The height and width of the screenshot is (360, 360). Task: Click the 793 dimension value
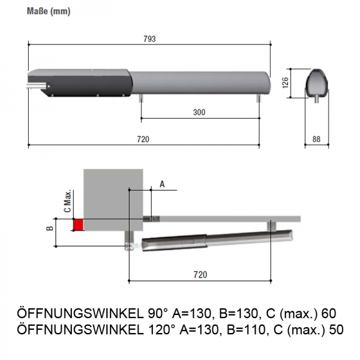coord(150,38)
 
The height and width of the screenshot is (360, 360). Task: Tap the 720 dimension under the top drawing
coord(143,139)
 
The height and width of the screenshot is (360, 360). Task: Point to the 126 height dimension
coord(286,82)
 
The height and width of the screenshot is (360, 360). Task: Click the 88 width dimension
coord(316,139)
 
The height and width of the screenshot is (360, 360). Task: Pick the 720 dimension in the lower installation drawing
coord(200,274)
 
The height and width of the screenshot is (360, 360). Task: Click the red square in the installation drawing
coord(78,224)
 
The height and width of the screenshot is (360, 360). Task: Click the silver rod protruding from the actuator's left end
coord(36,86)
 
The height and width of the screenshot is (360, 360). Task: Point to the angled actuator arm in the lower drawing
coord(216,241)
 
